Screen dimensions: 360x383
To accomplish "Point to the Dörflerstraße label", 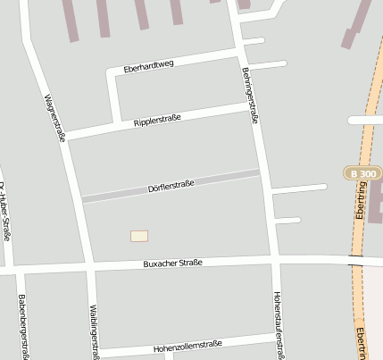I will point(171,186).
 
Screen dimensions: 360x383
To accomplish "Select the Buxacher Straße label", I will point(173,263).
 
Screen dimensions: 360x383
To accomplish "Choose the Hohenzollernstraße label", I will point(187,345).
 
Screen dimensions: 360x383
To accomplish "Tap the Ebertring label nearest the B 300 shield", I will point(361,202).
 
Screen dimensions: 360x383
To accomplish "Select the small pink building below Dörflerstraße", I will point(139,236).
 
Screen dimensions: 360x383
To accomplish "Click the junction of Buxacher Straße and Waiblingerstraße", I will point(91,266).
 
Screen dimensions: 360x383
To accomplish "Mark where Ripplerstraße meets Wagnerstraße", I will point(65,135).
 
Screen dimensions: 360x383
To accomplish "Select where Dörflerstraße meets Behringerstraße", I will point(262,172).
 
